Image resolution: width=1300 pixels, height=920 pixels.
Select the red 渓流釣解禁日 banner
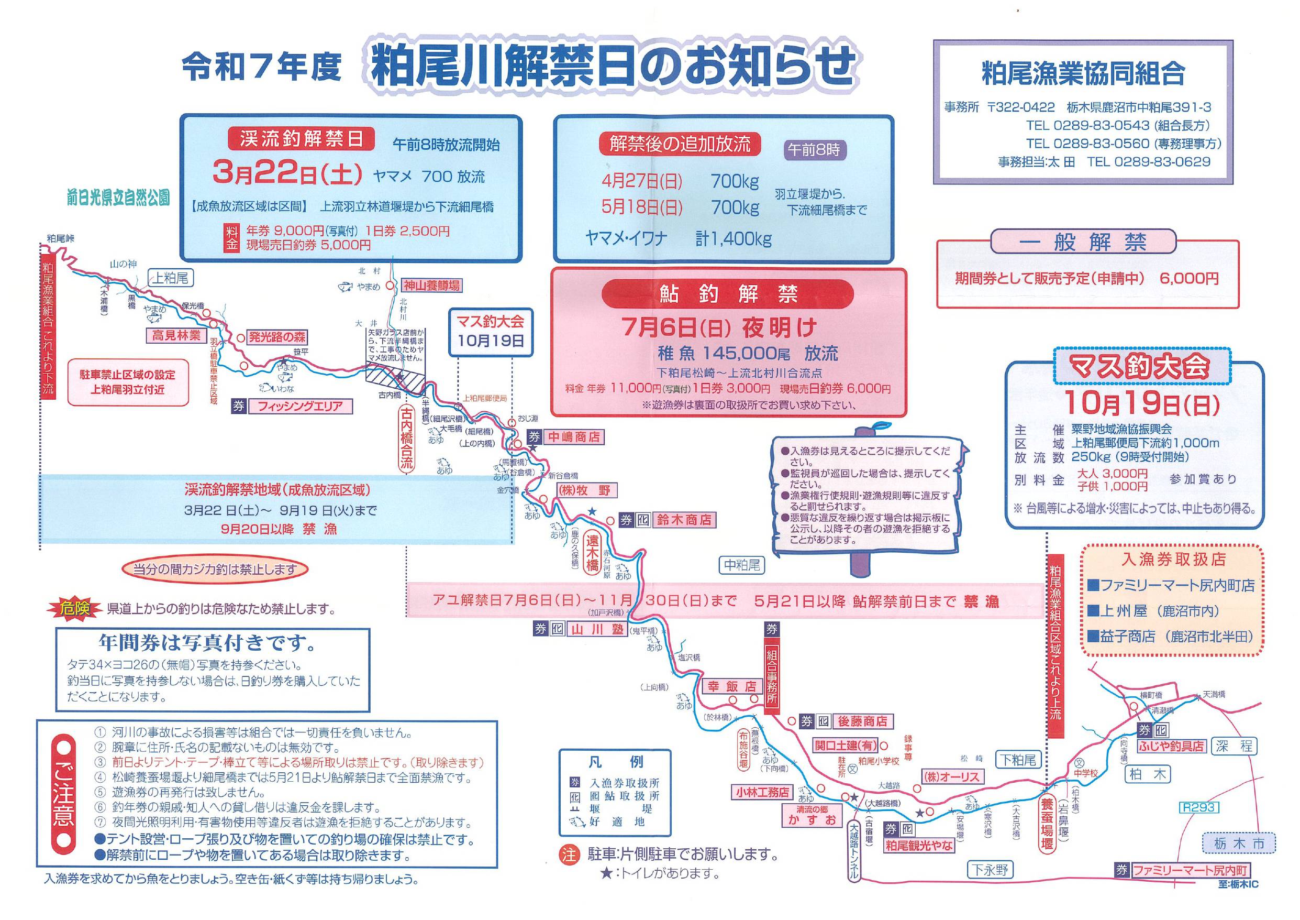pyautogui.click(x=301, y=139)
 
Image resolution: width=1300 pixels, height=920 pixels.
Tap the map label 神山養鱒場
pyautogui.click(x=431, y=286)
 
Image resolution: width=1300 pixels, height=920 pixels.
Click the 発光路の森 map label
pyautogui.click(x=277, y=337)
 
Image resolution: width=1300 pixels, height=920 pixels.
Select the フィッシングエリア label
pyautogui.click(x=299, y=406)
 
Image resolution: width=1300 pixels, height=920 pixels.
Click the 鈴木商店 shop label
pyautogui.click(x=684, y=520)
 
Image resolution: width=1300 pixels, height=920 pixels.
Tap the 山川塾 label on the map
pyautogui.click(x=597, y=628)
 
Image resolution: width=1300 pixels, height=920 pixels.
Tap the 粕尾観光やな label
pyautogui.click(x=919, y=845)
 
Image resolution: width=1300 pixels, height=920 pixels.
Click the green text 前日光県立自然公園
pyautogui.click(x=118, y=198)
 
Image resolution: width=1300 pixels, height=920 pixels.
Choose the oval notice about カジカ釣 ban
pyautogui.click(x=215, y=569)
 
